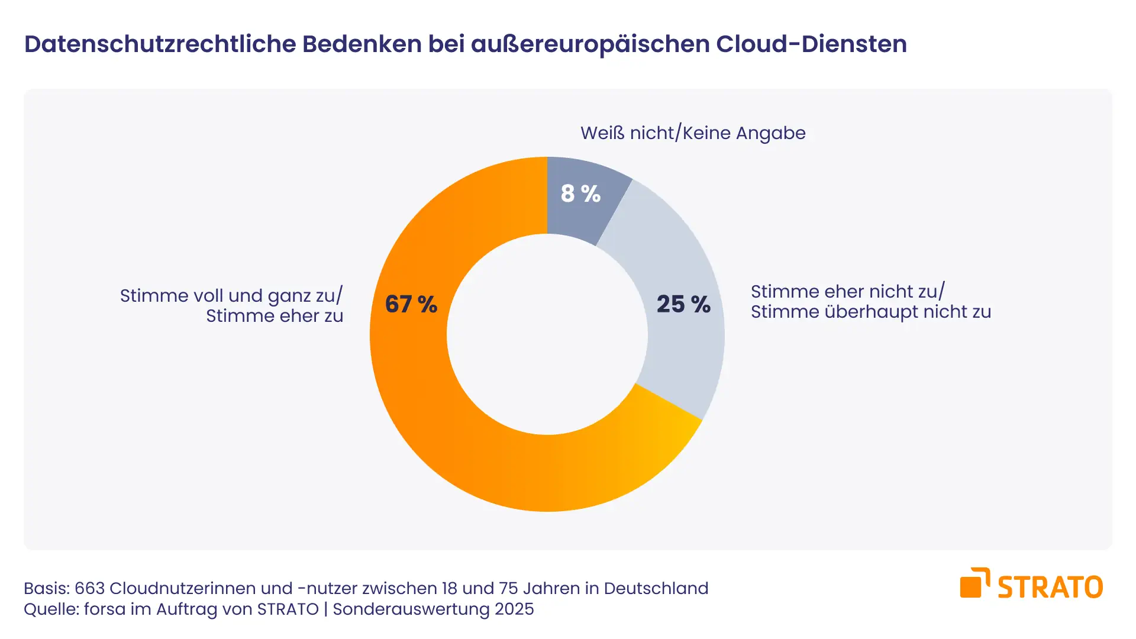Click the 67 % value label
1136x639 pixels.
pos(411,304)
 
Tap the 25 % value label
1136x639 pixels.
pos(683,304)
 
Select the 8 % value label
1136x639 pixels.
pos(580,193)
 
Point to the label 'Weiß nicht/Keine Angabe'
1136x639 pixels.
pos(693,133)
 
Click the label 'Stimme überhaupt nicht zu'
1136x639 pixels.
pos(871,312)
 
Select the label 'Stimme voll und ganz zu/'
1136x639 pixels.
pos(231,296)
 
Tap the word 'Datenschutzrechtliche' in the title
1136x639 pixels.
pos(160,44)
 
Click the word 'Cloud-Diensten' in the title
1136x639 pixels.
pos(811,44)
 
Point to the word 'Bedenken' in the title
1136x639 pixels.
pos(362,44)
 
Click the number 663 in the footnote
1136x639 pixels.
pos(90,589)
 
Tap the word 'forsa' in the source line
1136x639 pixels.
pos(103,609)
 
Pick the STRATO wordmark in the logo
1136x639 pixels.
pos(1050,587)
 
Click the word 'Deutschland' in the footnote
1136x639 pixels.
pos(656,589)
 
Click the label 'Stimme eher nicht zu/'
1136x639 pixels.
pos(848,292)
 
